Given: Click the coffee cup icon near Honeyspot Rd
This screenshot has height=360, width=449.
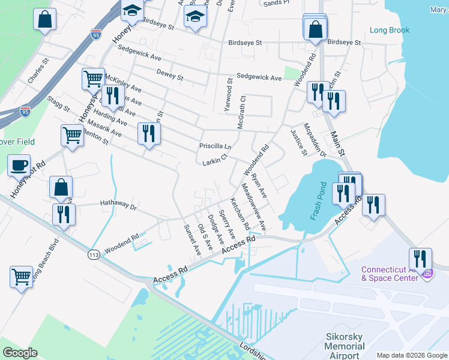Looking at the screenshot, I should pos(19,164).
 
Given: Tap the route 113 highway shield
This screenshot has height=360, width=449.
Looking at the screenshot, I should pos(94,254).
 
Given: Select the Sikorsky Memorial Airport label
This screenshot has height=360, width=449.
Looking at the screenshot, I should pos(345,346).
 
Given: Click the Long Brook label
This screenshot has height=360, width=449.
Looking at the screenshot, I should pos(390,30).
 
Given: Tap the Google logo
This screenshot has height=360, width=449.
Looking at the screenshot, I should pos(20,353).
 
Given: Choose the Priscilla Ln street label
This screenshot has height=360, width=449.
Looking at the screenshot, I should pos(215,146).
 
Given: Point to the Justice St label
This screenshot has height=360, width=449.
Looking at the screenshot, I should pos(298,142).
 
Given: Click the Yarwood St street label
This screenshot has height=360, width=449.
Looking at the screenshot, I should pos(229,91).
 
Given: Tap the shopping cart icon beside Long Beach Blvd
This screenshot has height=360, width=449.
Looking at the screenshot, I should pos(21,277).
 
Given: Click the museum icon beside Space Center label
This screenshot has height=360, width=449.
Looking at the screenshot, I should pos(427,274).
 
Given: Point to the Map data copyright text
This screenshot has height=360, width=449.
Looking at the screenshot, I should pos(411,354).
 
